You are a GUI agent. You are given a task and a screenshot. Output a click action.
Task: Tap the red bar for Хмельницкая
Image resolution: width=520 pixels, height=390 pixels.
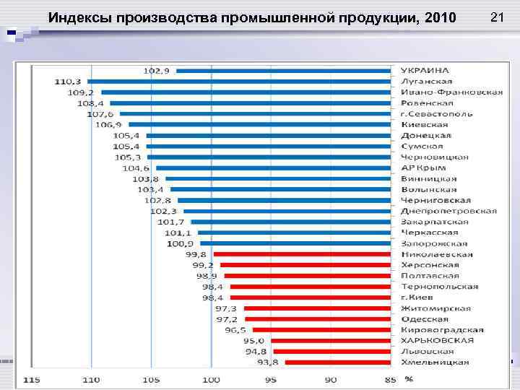(339, 363)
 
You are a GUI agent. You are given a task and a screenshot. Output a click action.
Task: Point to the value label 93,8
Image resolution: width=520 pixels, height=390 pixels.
(272, 363)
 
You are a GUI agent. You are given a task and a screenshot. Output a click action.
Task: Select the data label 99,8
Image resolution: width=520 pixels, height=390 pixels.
(196, 254)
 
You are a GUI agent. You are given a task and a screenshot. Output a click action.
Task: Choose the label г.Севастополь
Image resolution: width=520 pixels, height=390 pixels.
(437, 113)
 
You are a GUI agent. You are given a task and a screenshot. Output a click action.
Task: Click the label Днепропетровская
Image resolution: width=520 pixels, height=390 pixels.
(448, 211)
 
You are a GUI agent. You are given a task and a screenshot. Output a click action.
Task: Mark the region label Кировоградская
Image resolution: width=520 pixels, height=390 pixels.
(442, 329)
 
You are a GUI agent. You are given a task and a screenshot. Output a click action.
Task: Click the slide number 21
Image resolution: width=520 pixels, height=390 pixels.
(497, 16)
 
